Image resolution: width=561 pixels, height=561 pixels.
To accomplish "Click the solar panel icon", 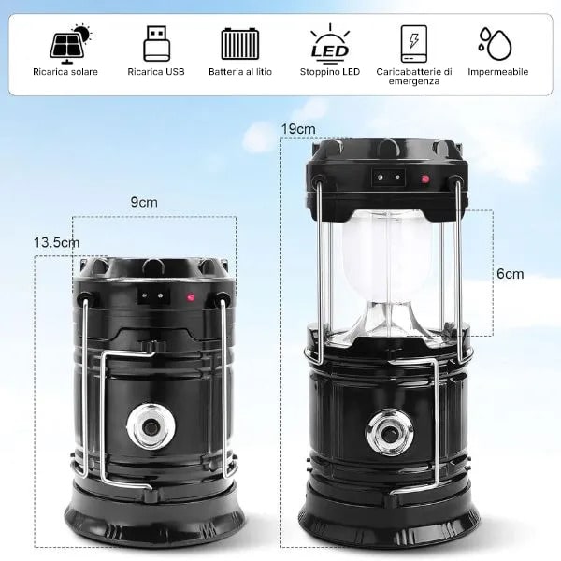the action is point(70,44).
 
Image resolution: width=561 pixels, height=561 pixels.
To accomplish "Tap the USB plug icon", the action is point(156,43).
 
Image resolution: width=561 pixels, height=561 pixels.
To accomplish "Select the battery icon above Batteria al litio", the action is point(239,44).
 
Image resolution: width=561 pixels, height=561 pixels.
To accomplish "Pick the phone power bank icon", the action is point(414,44).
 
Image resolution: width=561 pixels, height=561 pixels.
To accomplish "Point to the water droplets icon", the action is point(496,44).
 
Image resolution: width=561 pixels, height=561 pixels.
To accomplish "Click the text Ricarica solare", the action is point(65,72).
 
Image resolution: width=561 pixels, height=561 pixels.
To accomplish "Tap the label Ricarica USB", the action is point(156,72).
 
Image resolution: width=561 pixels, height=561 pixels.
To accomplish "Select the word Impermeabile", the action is point(498,72).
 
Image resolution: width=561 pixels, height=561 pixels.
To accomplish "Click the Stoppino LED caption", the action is point(330,72).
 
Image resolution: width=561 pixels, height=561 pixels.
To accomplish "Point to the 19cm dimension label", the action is point(298,129).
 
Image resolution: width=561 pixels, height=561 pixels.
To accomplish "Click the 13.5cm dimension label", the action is point(56,242).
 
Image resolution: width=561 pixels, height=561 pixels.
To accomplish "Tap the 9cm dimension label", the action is point(144,202).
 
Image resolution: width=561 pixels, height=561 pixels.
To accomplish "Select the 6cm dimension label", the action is point(511,274).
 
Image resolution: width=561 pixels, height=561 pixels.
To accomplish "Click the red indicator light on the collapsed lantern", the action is point(191,297).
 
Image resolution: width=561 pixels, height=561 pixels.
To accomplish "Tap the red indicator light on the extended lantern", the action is point(425,179).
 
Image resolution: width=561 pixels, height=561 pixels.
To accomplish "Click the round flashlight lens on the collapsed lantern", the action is point(151,426).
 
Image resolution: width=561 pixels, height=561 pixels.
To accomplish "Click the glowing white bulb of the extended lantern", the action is point(389,258).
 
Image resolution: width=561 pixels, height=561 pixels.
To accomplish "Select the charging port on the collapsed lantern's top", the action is point(153,295).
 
